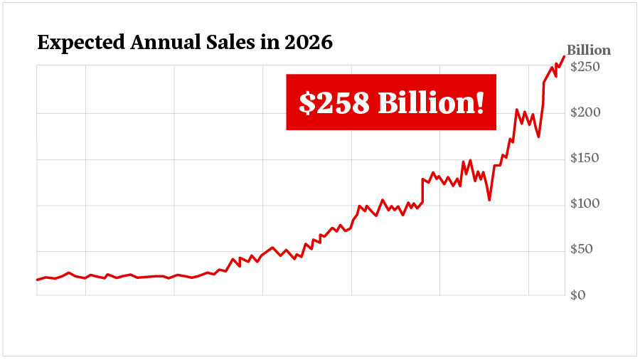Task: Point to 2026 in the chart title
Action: tap(309, 43)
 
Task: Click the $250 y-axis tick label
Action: tap(585, 67)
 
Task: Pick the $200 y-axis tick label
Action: tap(585, 112)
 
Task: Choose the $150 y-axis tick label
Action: tap(585, 158)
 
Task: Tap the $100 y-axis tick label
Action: tap(585, 204)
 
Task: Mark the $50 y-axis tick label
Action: tap(582, 250)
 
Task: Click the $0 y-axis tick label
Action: tap(579, 295)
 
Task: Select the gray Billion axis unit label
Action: tap(588, 51)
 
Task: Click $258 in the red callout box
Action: tap(334, 103)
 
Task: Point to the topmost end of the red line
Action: tap(564, 56)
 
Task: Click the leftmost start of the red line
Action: tap(37, 280)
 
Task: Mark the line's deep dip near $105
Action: tap(489, 200)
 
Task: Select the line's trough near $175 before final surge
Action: tap(538, 137)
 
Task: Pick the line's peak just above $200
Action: tap(517, 110)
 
